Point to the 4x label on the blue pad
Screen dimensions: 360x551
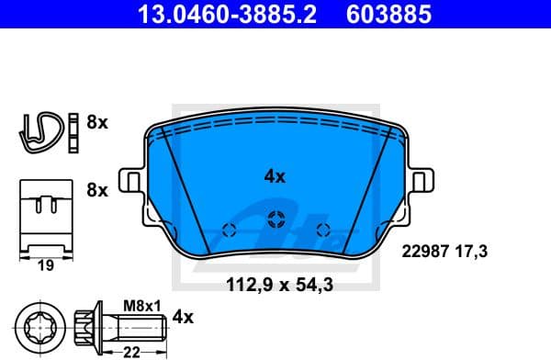[275, 177]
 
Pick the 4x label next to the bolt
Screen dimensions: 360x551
[185, 317]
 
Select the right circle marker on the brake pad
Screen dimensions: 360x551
[321, 229]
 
